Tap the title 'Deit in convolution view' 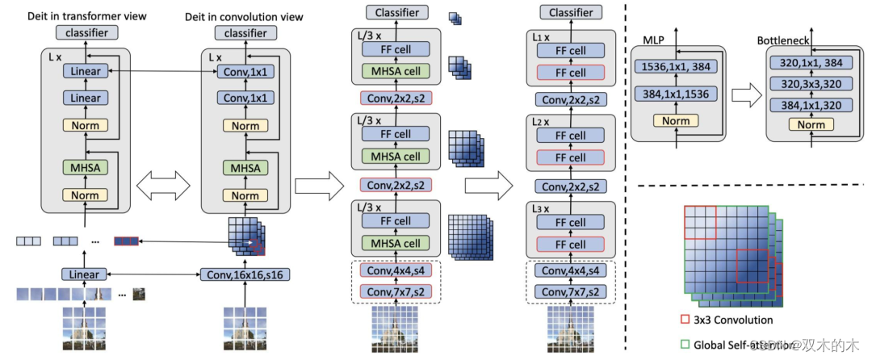coord(234,17)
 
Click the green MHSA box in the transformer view coord(85,169)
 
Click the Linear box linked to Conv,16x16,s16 coord(85,274)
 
